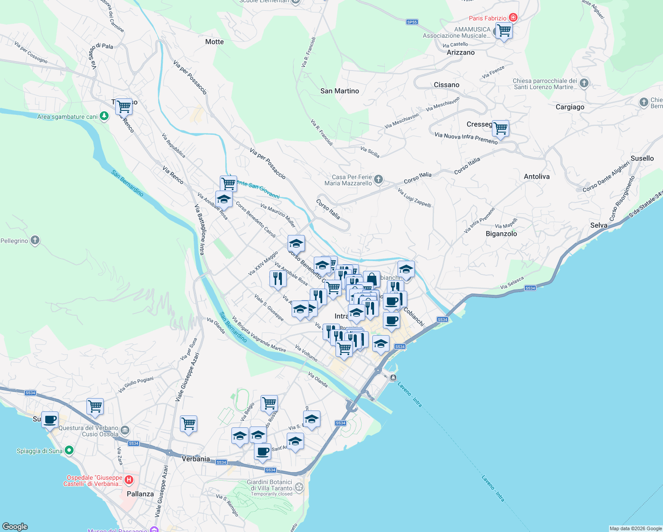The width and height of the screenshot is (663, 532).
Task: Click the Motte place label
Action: pos(214,42)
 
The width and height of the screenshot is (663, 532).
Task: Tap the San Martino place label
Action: pos(339,91)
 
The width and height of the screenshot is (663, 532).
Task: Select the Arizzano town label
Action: pos(460,52)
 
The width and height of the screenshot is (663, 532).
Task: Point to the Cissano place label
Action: pos(446,85)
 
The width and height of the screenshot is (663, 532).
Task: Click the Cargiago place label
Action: pos(570,107)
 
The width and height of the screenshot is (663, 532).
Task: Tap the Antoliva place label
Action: pos(536,176)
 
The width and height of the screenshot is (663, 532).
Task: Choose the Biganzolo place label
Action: pos(501,234)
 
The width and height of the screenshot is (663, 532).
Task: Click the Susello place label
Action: pos(642,158)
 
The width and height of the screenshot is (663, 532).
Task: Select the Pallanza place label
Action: pos(140,494)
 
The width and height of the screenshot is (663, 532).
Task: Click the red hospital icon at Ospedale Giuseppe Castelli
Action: pos(129,480)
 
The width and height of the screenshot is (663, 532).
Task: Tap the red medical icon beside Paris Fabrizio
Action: pos(513,18)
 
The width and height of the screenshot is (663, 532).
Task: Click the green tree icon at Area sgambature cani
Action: pos(104,116)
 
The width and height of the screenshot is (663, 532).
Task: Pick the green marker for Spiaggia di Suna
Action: pos(69,450)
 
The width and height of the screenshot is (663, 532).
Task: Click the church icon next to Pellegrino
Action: pos(35,240)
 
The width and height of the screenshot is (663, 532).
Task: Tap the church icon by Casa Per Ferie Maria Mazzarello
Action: pos(378,180)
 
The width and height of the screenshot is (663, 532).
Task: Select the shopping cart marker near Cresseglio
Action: pos(500,129)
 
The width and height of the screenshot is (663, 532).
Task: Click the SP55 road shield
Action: pos(412,22)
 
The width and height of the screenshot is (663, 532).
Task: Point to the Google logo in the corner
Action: pos(15,526)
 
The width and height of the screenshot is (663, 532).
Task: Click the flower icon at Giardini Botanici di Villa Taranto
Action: pos(299,487)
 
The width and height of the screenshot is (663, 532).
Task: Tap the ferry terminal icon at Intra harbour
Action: pos(393,378)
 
